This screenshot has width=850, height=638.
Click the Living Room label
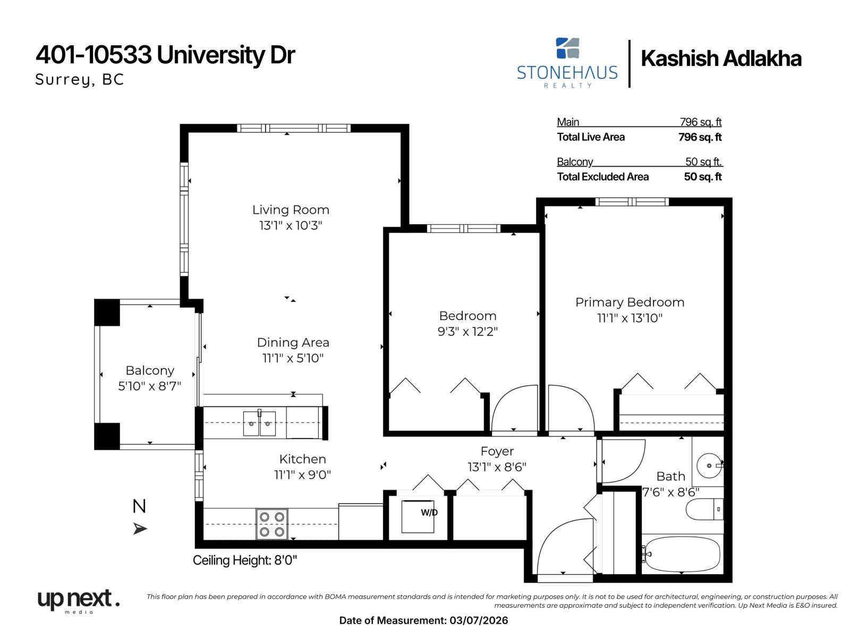[x=291, y=210]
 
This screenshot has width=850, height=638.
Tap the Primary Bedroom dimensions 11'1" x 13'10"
[x=630, y=318]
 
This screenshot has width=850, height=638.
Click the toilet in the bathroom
[x=704, y=509]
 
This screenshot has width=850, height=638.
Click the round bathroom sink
[x=709, y=466]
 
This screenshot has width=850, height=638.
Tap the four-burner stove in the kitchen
[x=272, y=524]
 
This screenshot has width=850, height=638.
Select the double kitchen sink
[x=259, y=424]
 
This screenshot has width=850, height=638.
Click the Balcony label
[x=150, y=371]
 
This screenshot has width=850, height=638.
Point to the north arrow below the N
[x=140, y=528]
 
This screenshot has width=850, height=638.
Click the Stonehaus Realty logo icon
[x=567, y=48]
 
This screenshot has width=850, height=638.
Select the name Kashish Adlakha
[x=721, y=59]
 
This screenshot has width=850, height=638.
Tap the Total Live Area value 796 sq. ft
[x=700, y=137]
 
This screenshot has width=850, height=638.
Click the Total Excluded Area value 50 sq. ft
[x=702, y=177]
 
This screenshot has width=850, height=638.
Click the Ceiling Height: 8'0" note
[x=245, y=560]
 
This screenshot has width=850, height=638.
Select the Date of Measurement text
[x=423, y=620]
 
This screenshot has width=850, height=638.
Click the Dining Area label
[x=293, y=342]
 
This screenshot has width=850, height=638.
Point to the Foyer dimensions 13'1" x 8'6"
[x=497, y=467]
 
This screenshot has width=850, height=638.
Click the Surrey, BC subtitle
[x=80, y=80]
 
